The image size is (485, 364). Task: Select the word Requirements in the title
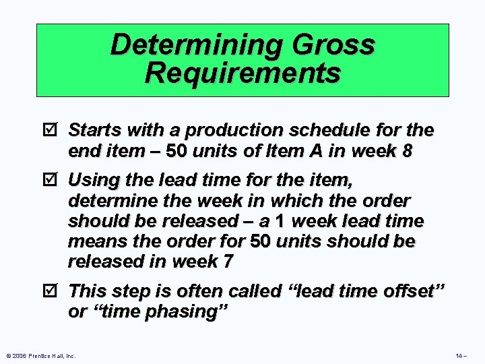click(243, 72)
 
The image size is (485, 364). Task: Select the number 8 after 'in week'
click(406, 150)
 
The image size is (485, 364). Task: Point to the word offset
click(418, 291)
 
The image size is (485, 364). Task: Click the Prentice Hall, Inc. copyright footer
click(40, 355)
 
